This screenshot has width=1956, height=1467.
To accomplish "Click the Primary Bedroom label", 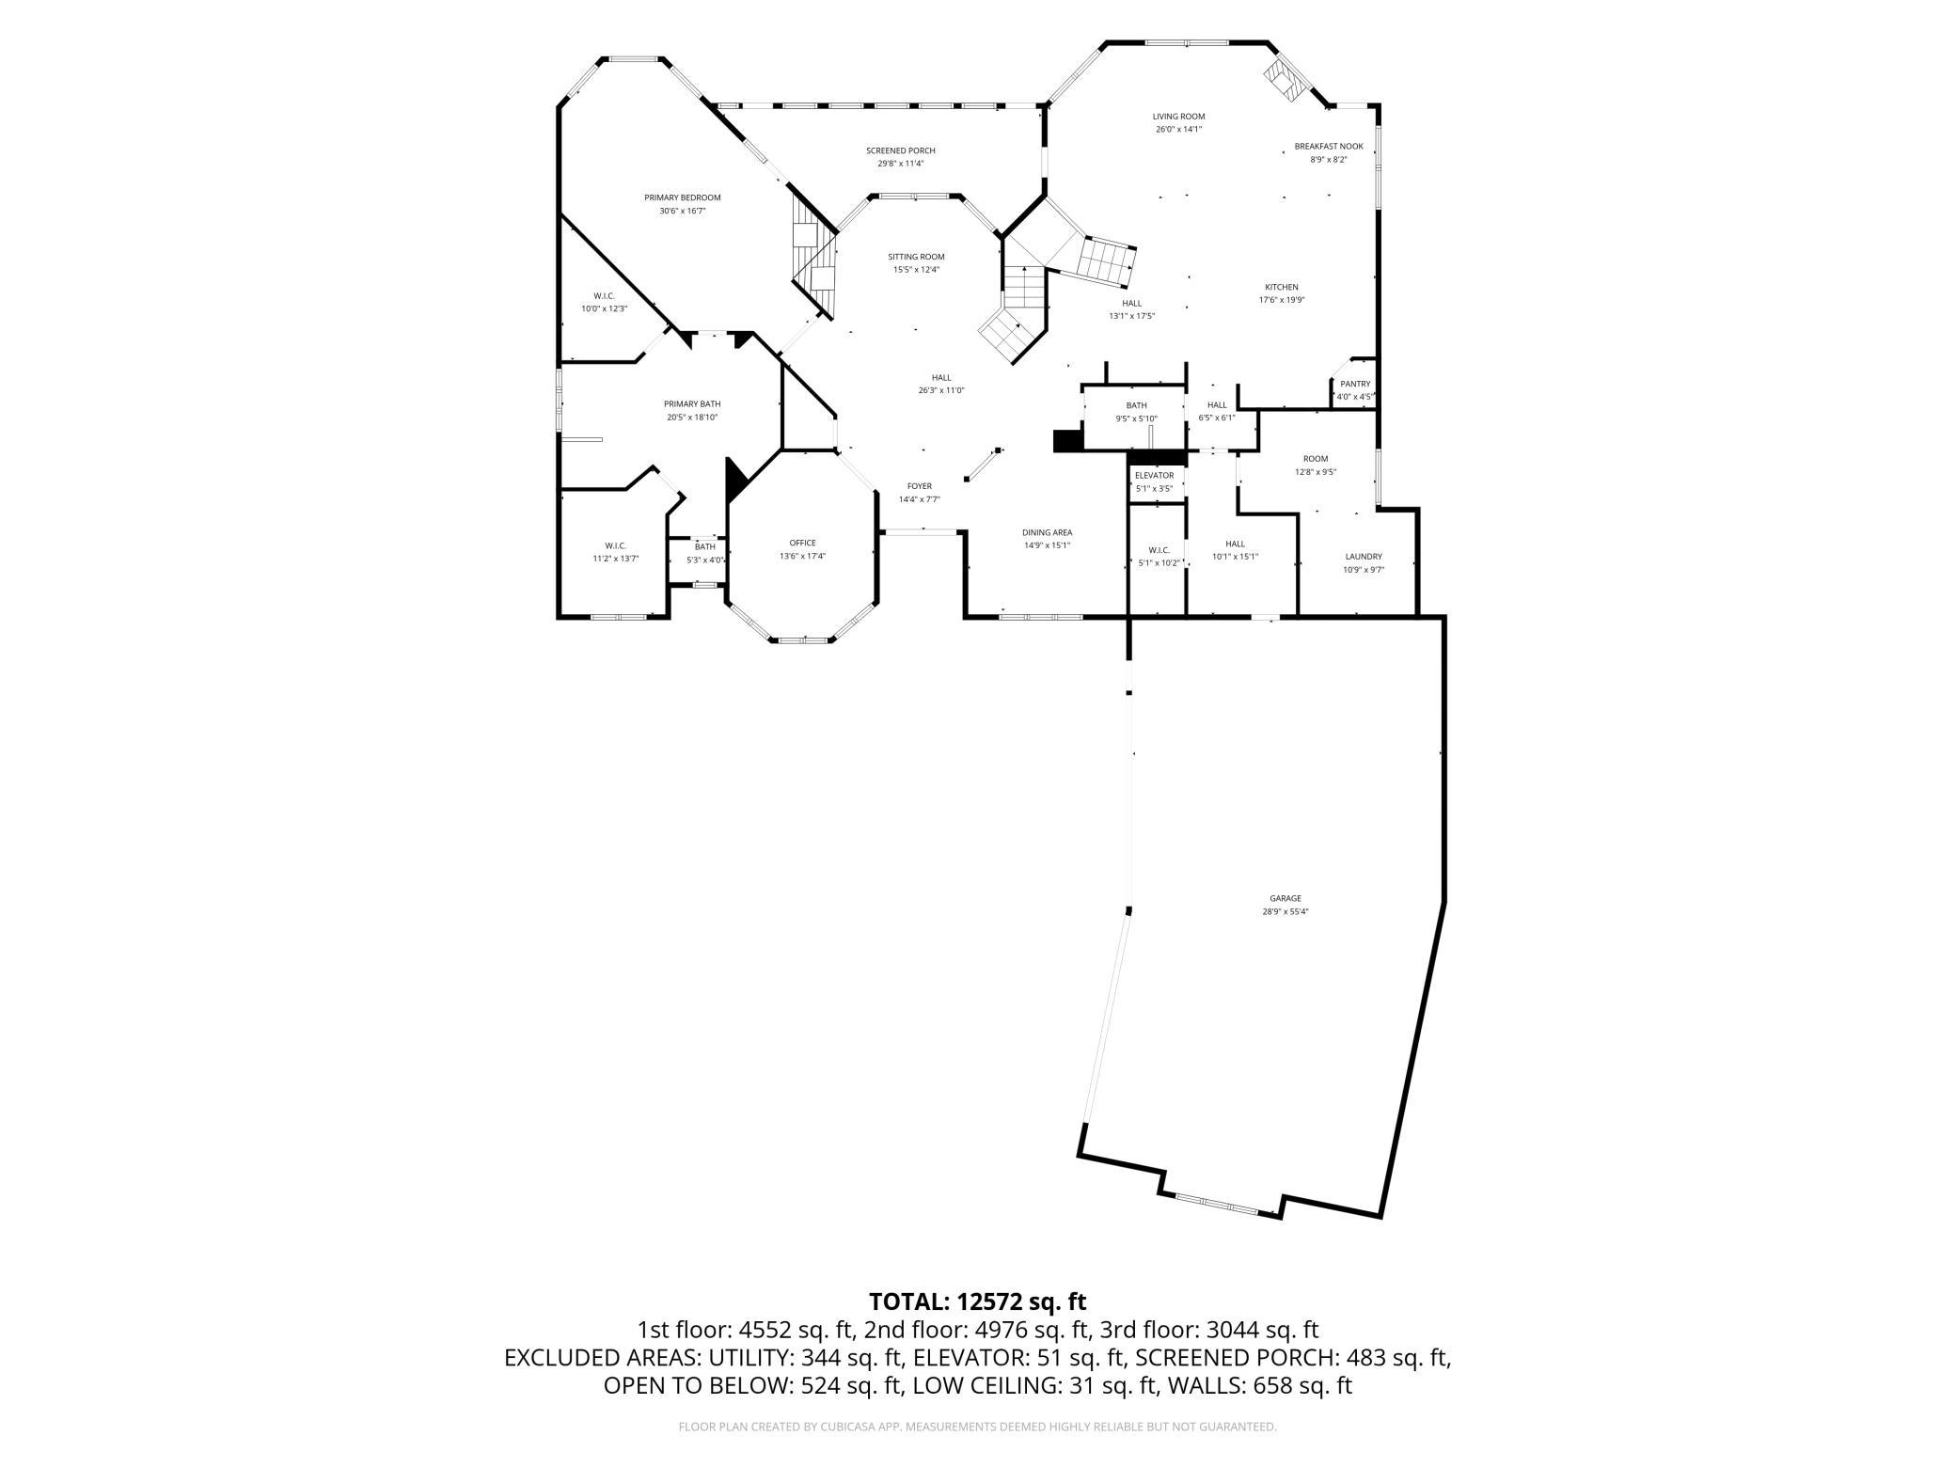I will click(682, 197).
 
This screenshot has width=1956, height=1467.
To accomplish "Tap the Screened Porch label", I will click(900, 150).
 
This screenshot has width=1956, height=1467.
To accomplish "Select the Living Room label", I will click(1178, 117).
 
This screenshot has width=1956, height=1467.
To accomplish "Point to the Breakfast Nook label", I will click(1328, 147).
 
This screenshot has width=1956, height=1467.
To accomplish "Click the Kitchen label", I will click(1281, 287).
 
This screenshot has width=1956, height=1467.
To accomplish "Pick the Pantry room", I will click(1355, 389).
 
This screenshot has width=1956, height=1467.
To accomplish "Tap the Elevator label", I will click(1154, 476).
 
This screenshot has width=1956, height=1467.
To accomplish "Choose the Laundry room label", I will click(1364, 557).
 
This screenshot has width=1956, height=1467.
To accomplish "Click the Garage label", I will click(1285, 898).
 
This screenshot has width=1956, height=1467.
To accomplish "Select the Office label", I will click(802, 543).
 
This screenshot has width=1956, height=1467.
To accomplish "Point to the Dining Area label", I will click(1047, 532).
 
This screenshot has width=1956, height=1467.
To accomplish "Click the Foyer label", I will click(919, 486).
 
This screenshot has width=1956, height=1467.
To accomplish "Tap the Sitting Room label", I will click(916, 257).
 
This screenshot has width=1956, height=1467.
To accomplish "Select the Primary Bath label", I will click(692, 403).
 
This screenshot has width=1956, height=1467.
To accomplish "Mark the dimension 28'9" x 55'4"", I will click(1285, 911).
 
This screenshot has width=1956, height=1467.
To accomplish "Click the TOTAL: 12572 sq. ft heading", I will click(977, 1301).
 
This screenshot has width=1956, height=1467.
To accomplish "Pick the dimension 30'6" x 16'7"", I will click(682, 211).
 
